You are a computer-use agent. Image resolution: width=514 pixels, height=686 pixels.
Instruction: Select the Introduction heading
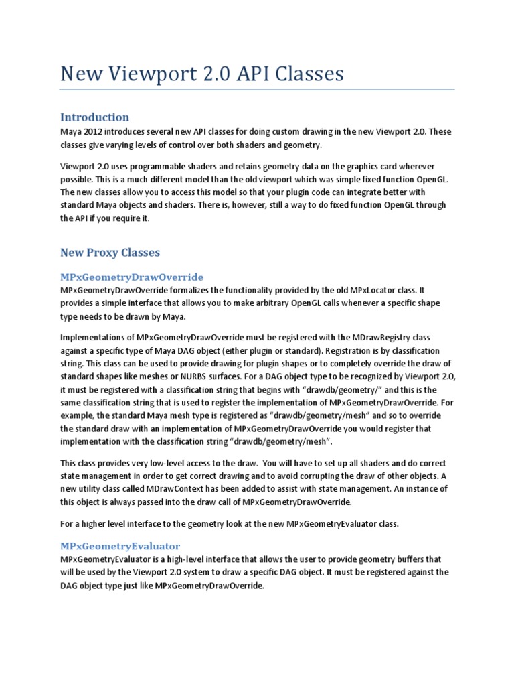pyautogui.click(x=94, y=117)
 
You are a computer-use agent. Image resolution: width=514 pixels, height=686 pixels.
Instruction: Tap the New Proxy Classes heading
pyautogui.click(x=110, y=253)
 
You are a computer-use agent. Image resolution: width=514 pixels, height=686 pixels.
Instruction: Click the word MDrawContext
pyautogui.click(x=190, y=489)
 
